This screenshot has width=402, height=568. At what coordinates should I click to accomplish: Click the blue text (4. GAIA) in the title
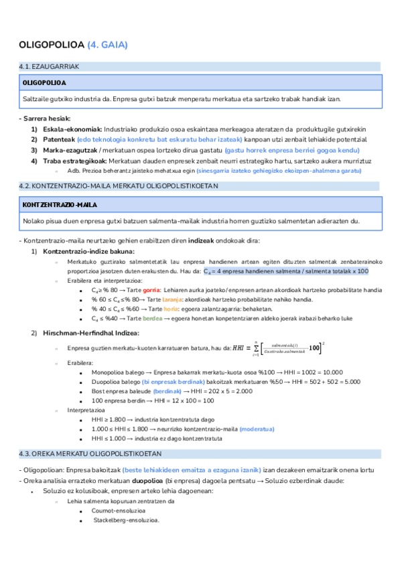[107, 45]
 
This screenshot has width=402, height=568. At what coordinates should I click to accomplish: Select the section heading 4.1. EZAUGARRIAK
[50, 67]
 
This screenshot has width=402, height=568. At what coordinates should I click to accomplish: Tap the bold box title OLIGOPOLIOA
[44, 82]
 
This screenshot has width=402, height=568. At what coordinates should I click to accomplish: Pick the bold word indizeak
[202, 240]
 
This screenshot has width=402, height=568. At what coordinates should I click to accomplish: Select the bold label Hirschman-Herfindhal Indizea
[90, 333]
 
